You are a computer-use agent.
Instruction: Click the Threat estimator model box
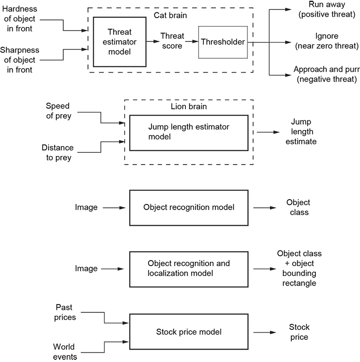[x=119, y=41]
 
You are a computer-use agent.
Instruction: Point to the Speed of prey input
[x=57, y=111]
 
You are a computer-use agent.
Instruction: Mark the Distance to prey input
[x=57, y=153]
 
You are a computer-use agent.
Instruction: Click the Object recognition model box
[x=189, y=207]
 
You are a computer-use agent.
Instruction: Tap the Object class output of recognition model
[x=298, y=207]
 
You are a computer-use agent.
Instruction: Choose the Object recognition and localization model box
[x=189, y=268]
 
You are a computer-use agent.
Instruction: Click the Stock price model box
[x=189, y=332]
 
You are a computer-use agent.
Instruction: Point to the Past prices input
[x=66, y=312]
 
